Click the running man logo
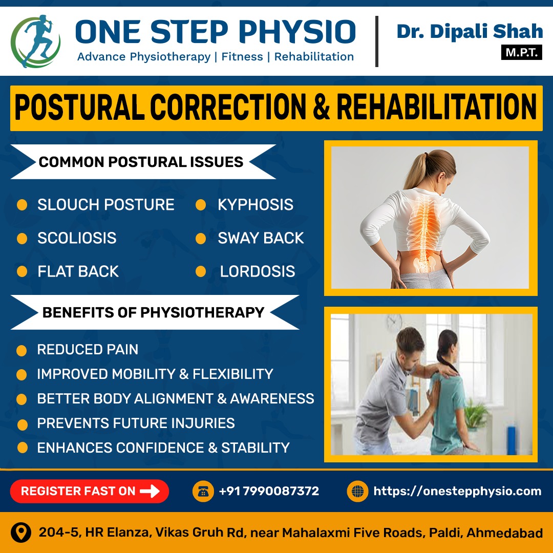pos(35,41)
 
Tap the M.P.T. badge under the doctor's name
pos(521,53)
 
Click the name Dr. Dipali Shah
pos(470,31)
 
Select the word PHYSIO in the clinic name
pos(297,32)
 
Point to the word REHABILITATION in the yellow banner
pos(437,107)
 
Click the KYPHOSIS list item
pos(256,204)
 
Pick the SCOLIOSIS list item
pos(77,238)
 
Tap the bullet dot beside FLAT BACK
pos(22,271)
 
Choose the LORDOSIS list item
pos(258,271)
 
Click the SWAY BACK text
pos(261,238)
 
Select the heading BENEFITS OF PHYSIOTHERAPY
pos(153,312)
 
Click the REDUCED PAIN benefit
pos(88,350)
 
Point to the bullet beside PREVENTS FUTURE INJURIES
pos(22,424)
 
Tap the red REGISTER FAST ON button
pos(90,491)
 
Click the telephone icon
pos(203,491)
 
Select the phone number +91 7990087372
pos(269,491)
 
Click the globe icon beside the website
pos(357,491)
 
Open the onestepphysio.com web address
pos(457,491)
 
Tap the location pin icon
pos(21,533)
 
